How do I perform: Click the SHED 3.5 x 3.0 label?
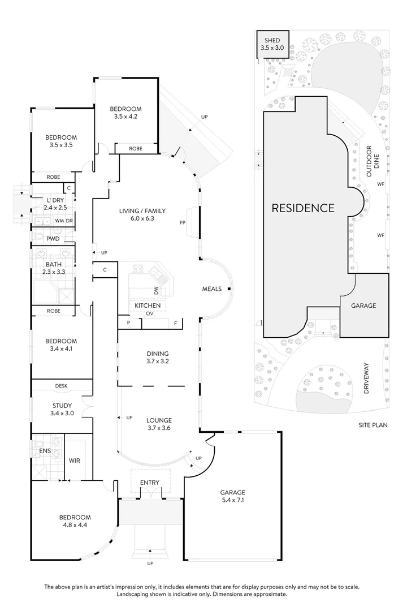click(272, 44)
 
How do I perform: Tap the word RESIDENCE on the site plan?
click(303, 208)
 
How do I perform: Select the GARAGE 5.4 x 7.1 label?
click(233, 496)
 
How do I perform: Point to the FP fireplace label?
click(183, 223)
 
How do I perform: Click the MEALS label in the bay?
click(212, 289)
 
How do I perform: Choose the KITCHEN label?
click(148, 305)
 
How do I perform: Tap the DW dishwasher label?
click(157, 291)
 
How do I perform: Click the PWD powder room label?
click(53, 239)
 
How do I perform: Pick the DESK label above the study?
click(61, 386)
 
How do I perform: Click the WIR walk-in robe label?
click(75, 461)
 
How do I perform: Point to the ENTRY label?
click(150, 483)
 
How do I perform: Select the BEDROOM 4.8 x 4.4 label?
click(75, 521)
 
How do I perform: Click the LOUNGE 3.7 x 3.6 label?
click(159, 424)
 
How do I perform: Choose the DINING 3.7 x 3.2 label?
click(158, 358)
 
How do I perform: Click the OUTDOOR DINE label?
click(373, 162)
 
